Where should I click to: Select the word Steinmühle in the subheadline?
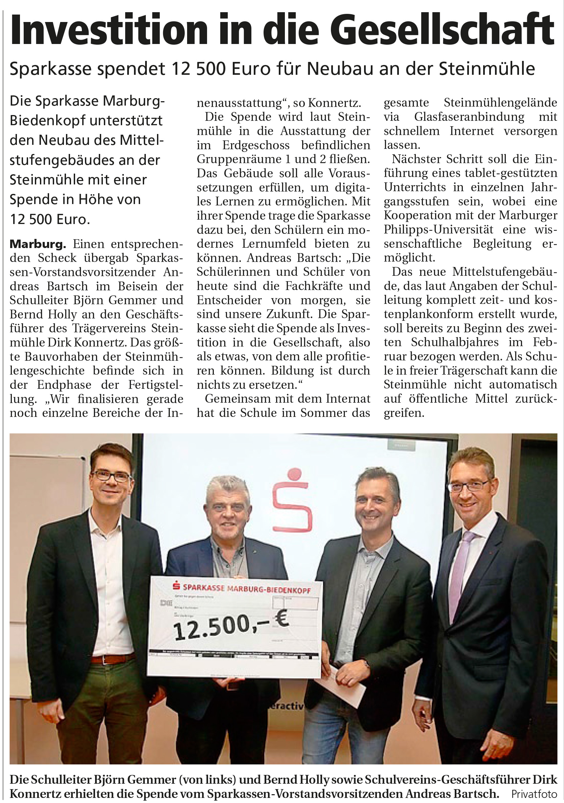coord(487,69)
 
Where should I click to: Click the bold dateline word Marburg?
coord(38,244)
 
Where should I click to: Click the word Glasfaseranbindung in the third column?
coord(469,117)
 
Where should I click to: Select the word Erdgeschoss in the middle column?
coord(256,145)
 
